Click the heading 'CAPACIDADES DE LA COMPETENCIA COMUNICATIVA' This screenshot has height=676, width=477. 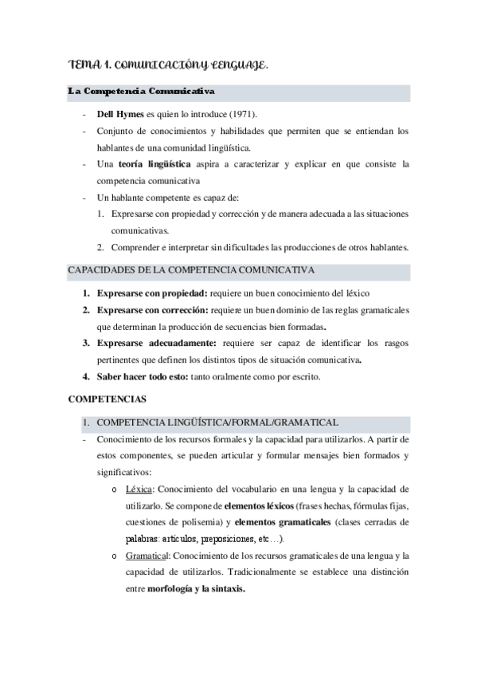[191, 271]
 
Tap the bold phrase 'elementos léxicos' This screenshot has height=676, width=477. [258, 505]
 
